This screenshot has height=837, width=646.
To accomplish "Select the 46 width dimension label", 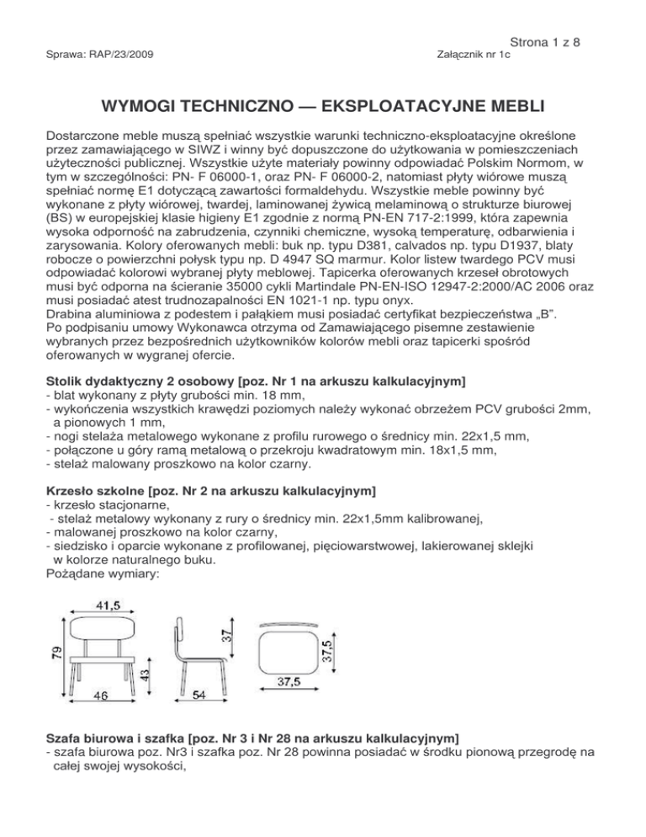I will [x=99, y=696].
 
